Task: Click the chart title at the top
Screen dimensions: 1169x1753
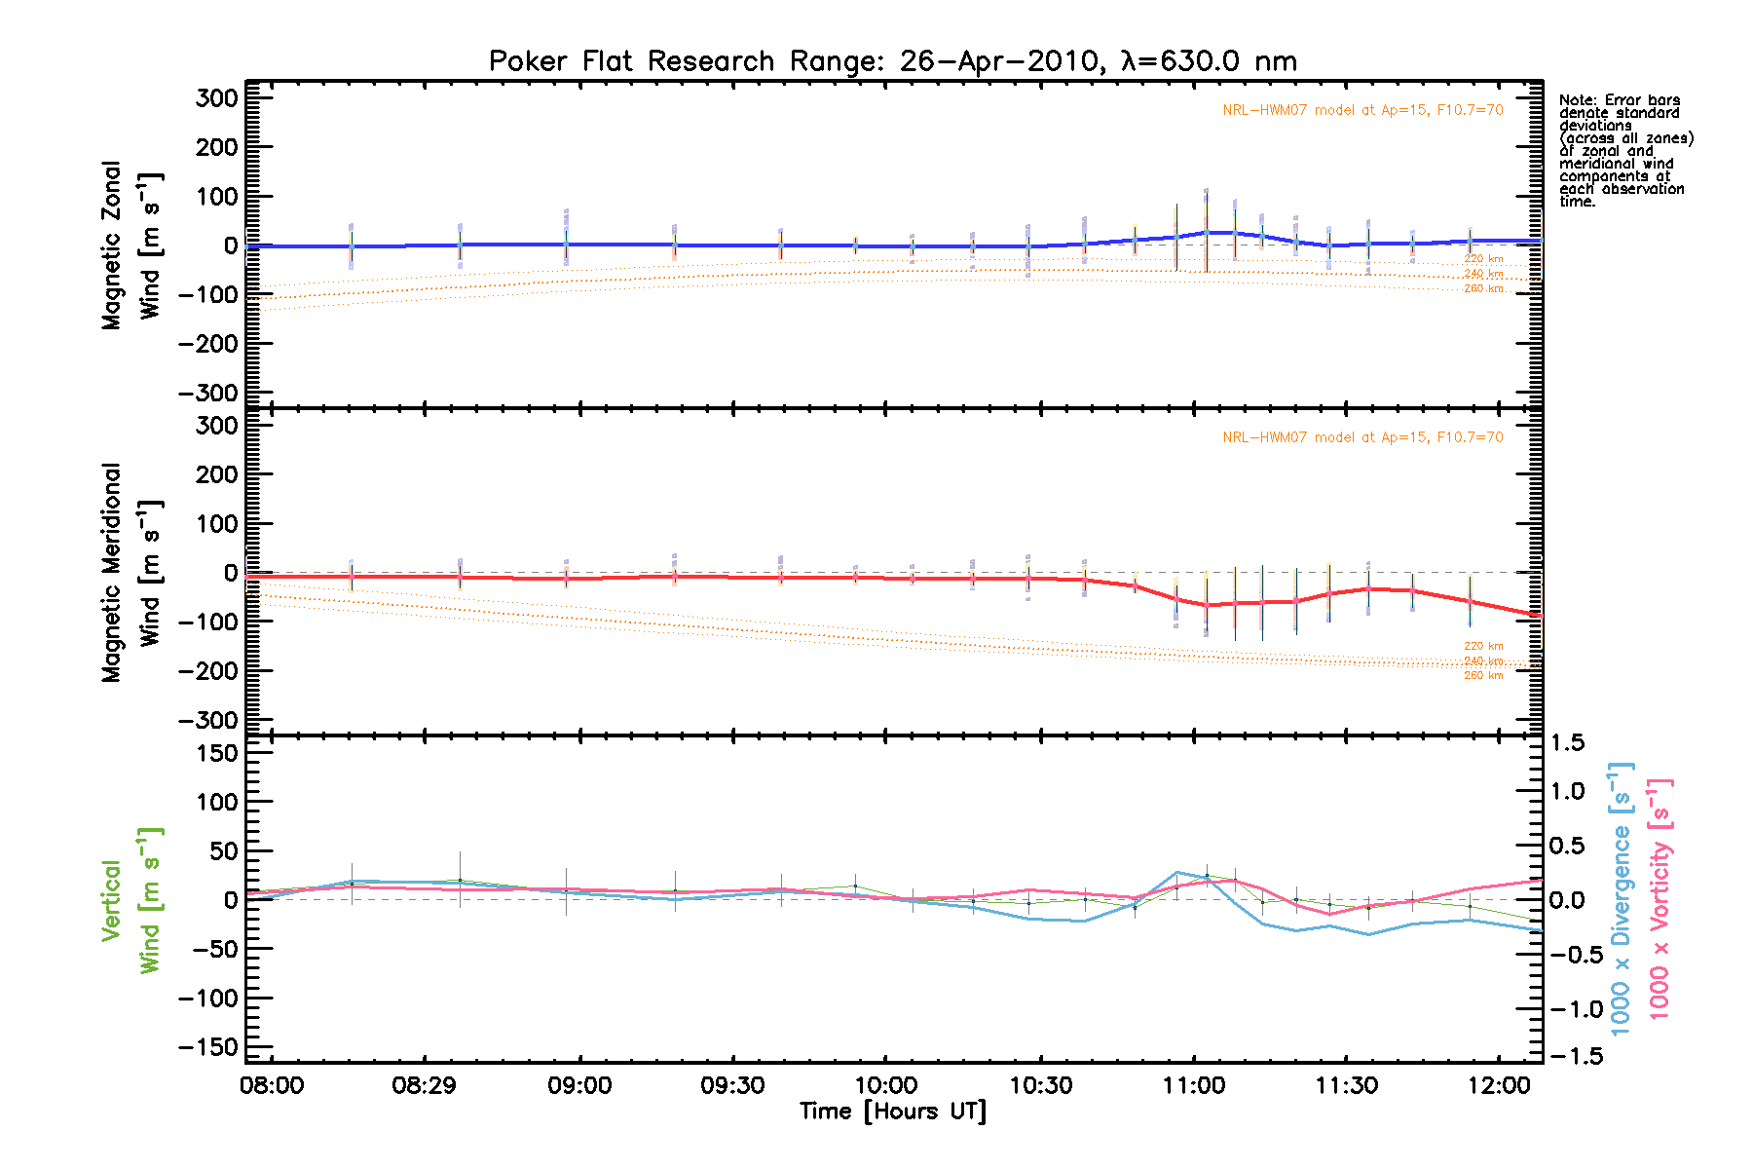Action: (892, 61)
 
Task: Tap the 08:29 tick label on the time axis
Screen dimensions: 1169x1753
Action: (424, 1085)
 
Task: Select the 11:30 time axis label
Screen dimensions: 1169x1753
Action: (1346, 1085)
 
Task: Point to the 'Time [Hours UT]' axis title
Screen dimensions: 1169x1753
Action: (892, 1112)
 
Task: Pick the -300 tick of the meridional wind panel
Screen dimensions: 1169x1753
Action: (208, 721)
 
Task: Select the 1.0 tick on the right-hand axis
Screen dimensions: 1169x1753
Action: (1567, 791)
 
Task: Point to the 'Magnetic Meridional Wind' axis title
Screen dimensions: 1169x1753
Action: (131, 573)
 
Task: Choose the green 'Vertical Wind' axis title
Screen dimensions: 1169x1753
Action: (131, 900)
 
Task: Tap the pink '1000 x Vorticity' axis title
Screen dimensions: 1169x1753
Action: (1660, 898)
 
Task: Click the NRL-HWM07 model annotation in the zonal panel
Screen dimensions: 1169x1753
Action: (1362, 110)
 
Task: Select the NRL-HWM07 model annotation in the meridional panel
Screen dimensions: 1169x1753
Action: (1362, 437)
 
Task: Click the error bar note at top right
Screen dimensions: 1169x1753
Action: (1625, 151)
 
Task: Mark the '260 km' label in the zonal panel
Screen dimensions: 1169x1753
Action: (1483, 288)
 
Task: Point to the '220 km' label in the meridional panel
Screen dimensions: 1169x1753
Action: (1483, 646)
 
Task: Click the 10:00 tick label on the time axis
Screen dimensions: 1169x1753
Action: (885, 1085)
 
